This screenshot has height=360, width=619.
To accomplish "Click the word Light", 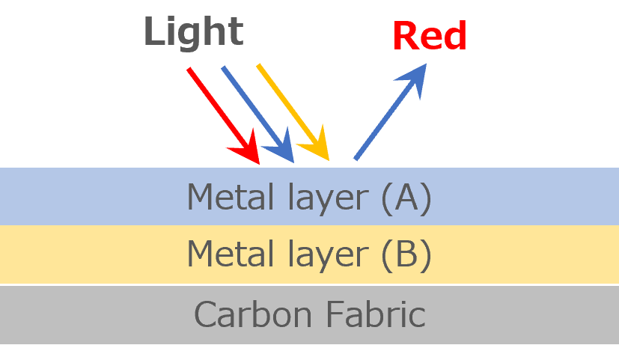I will [193, 32].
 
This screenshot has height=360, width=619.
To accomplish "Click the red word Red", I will [430, 35].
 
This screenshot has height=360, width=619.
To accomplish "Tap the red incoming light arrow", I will [218, 109].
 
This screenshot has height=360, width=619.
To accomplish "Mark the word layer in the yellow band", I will [324, 256].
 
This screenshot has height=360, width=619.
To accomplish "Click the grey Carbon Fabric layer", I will [90, 314].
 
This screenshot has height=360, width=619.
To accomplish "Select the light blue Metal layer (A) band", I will [90, 196].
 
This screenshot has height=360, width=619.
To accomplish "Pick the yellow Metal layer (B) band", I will [90, 254].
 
